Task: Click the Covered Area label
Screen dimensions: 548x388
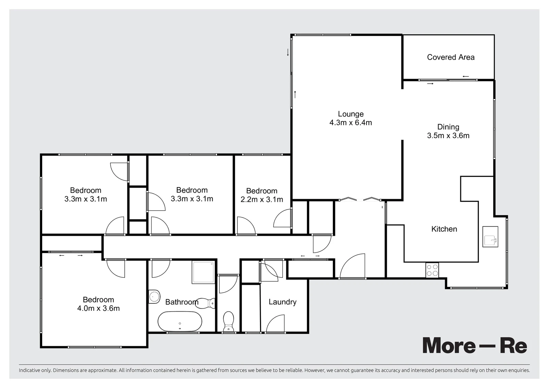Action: (451, 57)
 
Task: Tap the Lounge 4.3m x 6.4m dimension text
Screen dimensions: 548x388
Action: (351, 122)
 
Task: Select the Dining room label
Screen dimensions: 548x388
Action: (448, 127)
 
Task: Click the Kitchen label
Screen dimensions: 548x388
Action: (444, 229)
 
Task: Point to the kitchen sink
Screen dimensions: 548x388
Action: (490, 237)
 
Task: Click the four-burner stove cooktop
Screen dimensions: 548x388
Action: (432, 270)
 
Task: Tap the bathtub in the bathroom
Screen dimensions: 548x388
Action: (180, 322)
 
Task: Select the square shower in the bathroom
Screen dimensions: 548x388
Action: (203, 272)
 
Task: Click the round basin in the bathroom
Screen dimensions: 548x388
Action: (154, 297)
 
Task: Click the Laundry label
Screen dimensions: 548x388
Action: (283, 302)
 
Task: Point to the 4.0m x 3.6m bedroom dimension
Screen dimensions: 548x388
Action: (98, 308)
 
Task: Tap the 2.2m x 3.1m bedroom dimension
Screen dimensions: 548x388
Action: (262, 199)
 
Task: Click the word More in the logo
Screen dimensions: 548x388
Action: (449, 345)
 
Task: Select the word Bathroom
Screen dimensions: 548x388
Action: (182, 302)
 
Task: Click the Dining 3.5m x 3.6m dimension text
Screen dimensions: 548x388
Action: (448, 136)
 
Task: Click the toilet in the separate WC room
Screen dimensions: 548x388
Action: (228, 322)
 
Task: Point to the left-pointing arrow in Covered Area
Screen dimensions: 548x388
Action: (465, 76)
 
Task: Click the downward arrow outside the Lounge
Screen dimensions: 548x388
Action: (288, 52)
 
